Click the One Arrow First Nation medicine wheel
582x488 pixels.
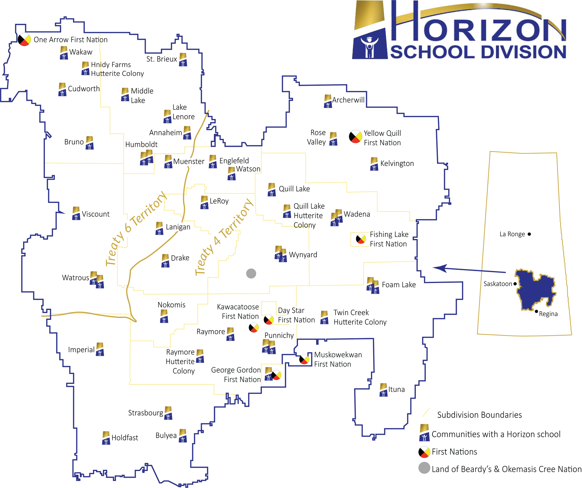tap(24, 39)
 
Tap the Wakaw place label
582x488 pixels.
tap(81, 52)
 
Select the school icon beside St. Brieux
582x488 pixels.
tap(183, 59)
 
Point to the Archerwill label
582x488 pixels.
tap(348, 100)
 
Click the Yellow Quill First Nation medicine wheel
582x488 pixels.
tap(355, 137)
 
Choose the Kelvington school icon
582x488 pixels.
tap(374, 164)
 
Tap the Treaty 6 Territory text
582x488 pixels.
tap(136, 228)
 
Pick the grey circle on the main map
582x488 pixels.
tap(251, 274)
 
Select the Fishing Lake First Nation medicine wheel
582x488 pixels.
tap(361, 239)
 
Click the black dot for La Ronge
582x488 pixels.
tap(529, 234)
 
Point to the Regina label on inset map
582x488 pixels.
tap(548, 314)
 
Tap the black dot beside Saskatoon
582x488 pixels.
tap(515, 284)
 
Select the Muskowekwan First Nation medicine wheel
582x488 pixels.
tap(304, 359)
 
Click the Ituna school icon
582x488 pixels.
tap(383, 390)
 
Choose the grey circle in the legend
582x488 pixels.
tap(424, 468)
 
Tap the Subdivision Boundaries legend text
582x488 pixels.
tap(479, 415)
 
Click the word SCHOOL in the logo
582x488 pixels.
tap(432, 52)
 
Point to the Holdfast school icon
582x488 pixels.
tap(106, 438)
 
